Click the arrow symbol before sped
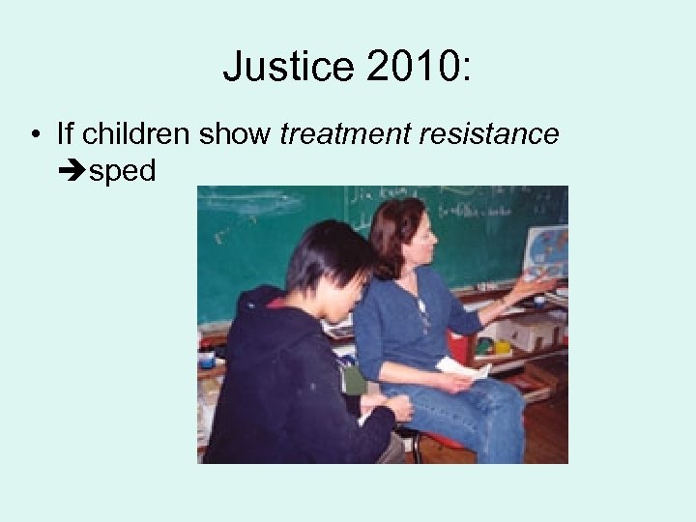pos(72,171)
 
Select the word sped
pos(122,172)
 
